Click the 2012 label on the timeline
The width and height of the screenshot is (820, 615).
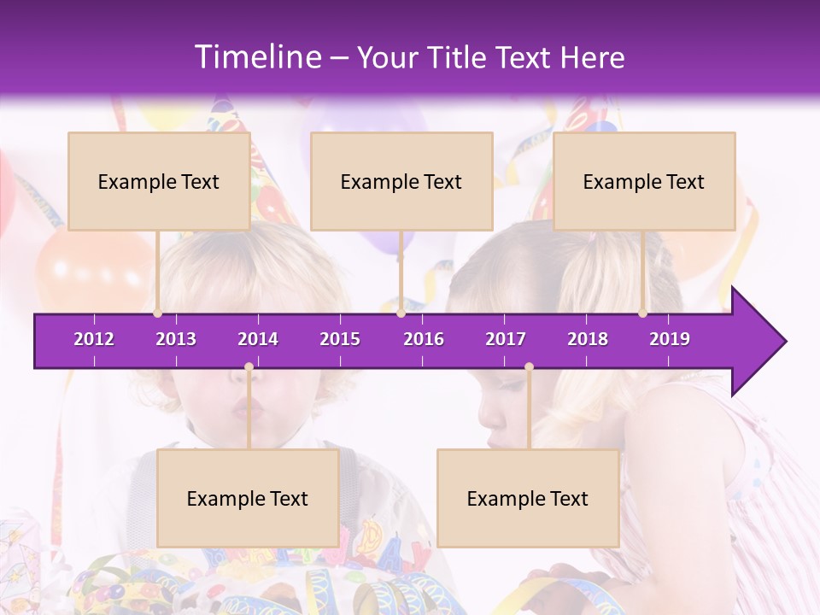tap(94, 339)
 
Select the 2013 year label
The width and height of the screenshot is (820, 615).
tap(176, 339)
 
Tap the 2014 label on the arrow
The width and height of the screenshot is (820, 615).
tap(258, 339)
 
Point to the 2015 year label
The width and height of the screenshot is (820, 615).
tap(340, 339)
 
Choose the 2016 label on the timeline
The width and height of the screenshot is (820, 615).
tap(424, 339)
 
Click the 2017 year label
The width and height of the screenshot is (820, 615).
tap(506, 339)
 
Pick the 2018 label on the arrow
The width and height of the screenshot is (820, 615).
tap(588, 339)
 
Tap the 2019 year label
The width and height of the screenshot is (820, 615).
tap(670, 339)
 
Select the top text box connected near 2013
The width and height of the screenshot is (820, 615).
tap(159, 181)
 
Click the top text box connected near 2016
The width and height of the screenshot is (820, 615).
tap(401, 181)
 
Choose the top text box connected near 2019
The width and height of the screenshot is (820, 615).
tap(644, 181)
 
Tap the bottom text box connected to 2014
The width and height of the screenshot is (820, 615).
tap(248, 498)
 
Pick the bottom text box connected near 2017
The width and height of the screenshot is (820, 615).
tap(528, 498)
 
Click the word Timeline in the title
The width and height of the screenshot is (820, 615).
tap(256, 57)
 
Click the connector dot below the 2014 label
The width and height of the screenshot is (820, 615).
tap(249, 366)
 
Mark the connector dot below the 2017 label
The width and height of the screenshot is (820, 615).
tap(529, 366)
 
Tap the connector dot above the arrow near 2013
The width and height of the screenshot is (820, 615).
tap(158, 313)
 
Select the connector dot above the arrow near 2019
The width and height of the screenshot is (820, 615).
tap(642, 313)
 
